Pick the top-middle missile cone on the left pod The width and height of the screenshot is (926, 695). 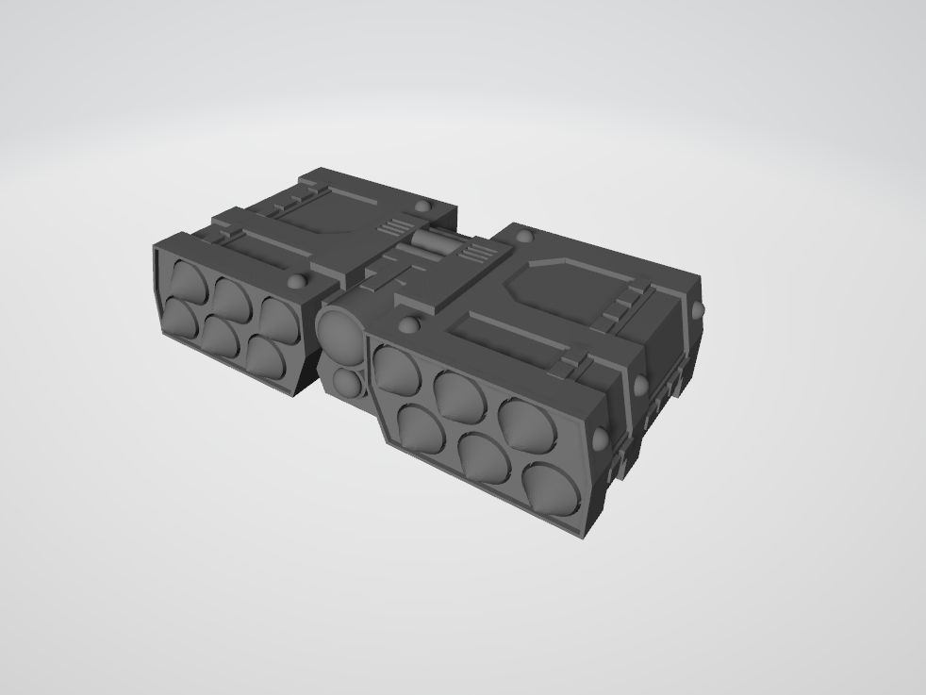coord(230,297)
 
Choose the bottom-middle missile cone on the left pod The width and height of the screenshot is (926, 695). coord(223,335)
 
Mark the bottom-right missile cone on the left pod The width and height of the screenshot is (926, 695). coord(268,356)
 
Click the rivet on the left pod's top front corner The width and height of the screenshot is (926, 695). coord(298,281)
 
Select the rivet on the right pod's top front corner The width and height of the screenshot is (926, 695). coord(408,325)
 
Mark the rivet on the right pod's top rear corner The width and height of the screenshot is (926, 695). coord(696,309)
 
